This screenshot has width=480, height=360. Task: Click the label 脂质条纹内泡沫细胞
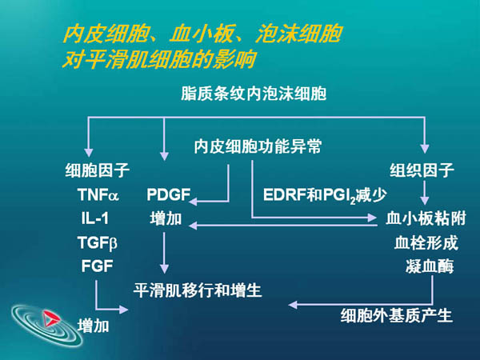tap(254, 93)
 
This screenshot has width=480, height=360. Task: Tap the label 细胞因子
tap(98, 170)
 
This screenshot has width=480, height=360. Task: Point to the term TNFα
tap(98, 194)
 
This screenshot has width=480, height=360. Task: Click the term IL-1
tap(95, 218)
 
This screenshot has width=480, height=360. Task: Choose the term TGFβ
tap(98, 242)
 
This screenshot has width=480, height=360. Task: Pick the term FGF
tap(97, 266)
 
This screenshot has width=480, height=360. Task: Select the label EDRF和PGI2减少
tap(325, 195)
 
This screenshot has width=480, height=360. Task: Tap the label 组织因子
tap(422, 170)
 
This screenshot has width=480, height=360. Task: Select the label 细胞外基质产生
tap(397, 316)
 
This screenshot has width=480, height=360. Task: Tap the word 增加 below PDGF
tap(165, 218)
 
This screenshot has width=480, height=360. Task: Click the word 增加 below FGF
tap(94, 326)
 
